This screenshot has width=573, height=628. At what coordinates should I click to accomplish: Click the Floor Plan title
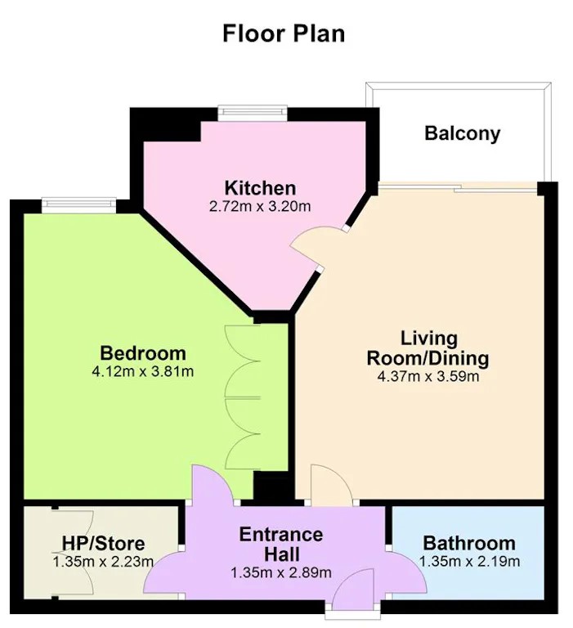pos(284,34)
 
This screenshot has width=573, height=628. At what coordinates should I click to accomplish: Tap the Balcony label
pos(462,133)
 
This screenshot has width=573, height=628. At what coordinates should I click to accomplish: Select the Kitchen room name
pos(260,188)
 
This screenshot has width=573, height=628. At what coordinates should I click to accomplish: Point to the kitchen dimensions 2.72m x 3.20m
pos(260,207)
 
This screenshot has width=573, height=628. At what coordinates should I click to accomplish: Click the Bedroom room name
pos(143,353)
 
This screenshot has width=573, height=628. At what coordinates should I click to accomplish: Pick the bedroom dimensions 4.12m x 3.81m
pos(143,372)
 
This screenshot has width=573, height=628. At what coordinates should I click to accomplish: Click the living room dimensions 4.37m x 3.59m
pos(428,376)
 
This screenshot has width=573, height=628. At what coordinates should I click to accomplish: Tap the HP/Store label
pos(103,544)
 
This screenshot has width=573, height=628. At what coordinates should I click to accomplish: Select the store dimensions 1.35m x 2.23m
pos(103,562)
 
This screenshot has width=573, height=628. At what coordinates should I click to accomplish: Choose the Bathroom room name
pos(469,543)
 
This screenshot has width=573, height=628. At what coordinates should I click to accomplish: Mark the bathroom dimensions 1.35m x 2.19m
pos(469,562)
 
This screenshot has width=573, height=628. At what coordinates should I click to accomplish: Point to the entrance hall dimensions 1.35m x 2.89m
pos(281,572)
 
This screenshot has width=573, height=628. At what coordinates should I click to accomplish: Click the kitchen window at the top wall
pos(253,113)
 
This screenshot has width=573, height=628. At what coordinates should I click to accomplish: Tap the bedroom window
pos(79,205)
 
